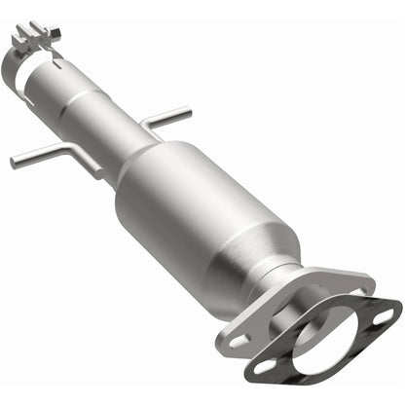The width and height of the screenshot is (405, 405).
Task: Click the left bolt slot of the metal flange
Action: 239,342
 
